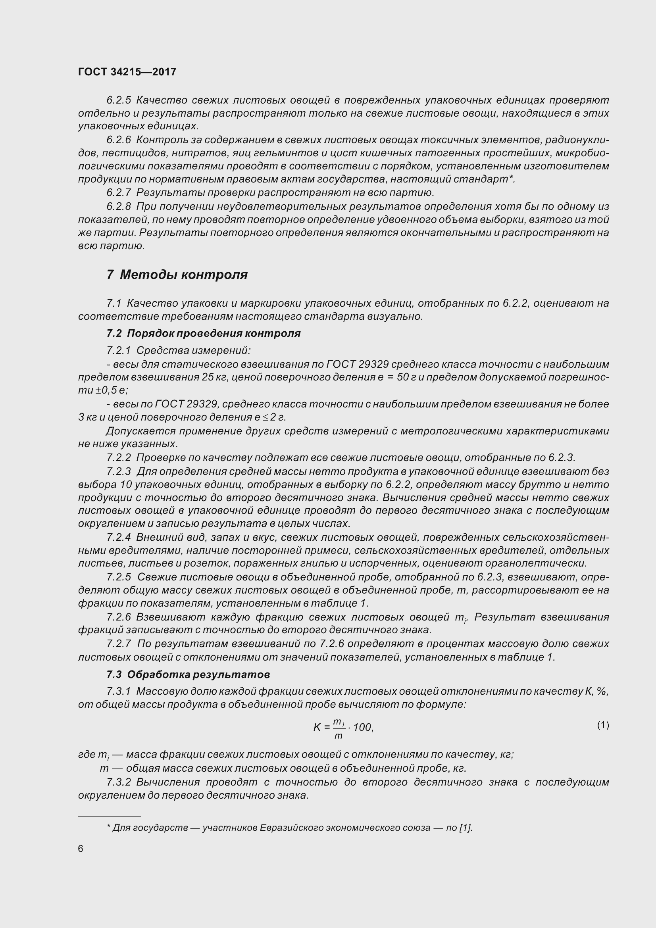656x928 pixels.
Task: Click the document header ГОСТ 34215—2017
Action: (x=127, y=72)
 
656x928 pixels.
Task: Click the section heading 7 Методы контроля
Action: (x=177, y=275)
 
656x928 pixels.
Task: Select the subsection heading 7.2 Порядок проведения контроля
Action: (x=203, y=333)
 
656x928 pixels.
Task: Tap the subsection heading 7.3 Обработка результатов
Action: (x=188, y=674)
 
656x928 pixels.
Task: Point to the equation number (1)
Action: (x=603, y=725)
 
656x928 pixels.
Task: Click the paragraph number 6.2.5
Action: (x=119, y=100)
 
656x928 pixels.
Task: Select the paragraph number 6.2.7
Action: (x=119, y=192)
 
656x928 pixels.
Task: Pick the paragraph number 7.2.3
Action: (x=119, y=472)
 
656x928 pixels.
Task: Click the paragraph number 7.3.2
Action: (x=119, y=782)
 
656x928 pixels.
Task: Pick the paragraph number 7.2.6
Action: (x=119, y=617)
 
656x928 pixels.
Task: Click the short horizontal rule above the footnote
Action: (x=109, y=817)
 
